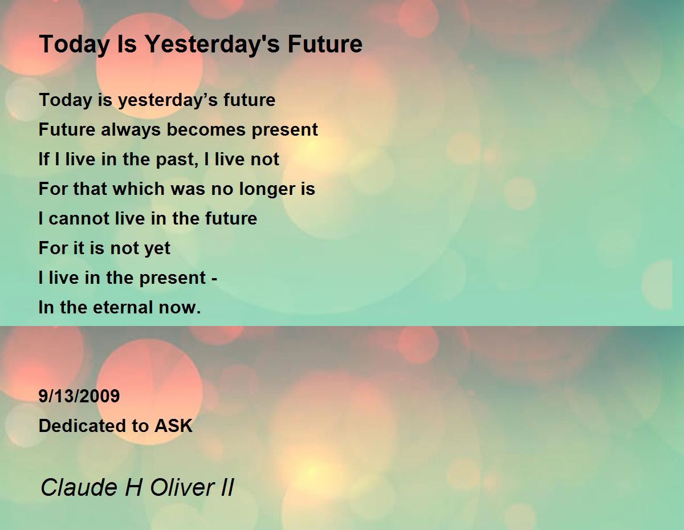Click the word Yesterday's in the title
[212, 44]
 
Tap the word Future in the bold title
[325, 44]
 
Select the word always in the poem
[131, 131]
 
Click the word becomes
[206, 129]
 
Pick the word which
[139, 189]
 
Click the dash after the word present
[214, 279]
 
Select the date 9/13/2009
[79, 396]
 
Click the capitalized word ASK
[173, 426]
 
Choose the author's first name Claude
[79, 487]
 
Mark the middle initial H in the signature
[134, 487]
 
